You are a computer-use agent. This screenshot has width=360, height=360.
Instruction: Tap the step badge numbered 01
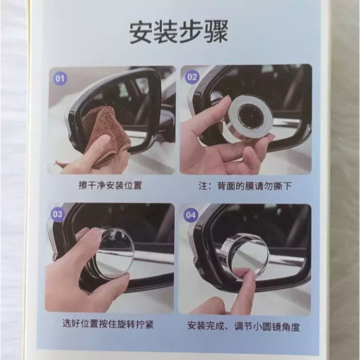pos(60,79)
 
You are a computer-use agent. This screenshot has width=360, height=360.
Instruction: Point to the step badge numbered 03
pos(58,215)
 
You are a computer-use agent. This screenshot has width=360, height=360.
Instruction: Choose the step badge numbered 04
pos(191,216)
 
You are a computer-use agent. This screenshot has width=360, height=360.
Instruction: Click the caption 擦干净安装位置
pos(110,185)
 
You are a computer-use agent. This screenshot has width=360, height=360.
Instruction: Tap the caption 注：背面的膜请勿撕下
pos(245,186)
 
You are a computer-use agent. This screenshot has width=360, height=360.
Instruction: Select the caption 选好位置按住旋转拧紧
pos(108,324)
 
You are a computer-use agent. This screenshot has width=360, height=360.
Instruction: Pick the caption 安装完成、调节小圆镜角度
pos(244,326)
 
